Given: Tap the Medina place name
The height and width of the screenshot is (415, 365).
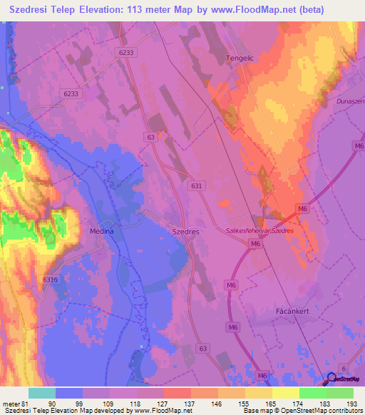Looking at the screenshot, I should pos(102,232).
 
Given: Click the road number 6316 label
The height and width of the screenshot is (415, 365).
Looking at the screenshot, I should pos(50,280).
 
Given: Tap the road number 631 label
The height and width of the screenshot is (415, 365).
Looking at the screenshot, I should pos(197,185).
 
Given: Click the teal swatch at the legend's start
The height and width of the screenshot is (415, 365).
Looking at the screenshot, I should pos(41,393).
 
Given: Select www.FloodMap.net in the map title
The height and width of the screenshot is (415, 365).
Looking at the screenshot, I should pos(245,10).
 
